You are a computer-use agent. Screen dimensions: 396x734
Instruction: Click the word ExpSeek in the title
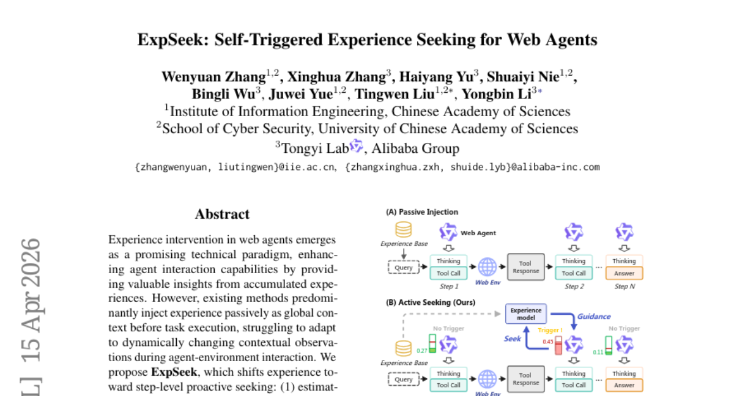[168, 40]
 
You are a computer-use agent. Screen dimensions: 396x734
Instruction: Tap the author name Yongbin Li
[497, 94]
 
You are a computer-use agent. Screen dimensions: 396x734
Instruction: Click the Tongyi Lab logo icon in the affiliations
[356, 147]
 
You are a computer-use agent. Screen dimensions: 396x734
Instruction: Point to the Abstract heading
[222, 215]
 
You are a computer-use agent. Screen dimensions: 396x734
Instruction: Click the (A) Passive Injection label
[422, 212]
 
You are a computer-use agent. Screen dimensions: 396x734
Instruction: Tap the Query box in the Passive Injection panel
[404, 267]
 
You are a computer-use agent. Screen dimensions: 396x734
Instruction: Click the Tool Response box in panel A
[525, 267]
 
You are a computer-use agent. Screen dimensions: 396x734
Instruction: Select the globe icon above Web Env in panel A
[487, 266]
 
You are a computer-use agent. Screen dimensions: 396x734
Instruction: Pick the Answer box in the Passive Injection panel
[624, 273]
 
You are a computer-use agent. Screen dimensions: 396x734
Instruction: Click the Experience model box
[525, 313]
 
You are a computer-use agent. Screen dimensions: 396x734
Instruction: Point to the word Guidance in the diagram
[594, 317]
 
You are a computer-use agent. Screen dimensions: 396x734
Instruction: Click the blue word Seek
[512, 339]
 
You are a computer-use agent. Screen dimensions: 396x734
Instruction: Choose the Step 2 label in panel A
[574, 286]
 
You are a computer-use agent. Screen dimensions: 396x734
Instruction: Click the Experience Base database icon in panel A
[403, 230]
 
